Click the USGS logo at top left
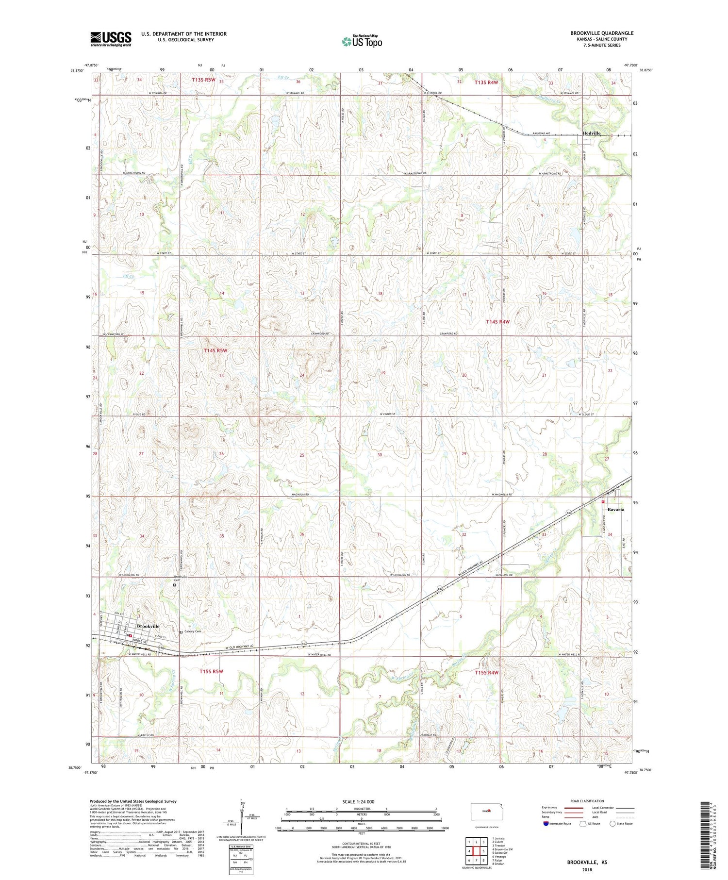point(111,39)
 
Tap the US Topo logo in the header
point(362,42)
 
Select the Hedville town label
point(591,133)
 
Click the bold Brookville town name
point(148,626)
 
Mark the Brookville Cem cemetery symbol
point(175,585)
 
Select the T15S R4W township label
point(486,672)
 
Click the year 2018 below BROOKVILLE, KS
point(587,871)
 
